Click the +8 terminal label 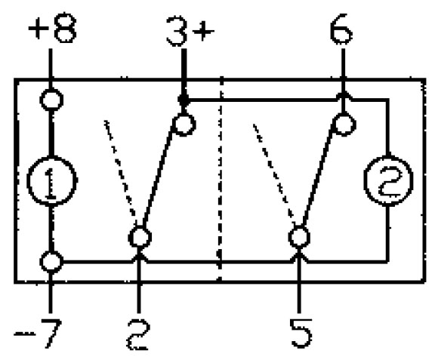click(52, 28)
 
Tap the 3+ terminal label click(190, 30)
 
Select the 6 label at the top click(341, 29)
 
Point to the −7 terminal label click(38, 333)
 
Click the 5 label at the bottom click(301, 333)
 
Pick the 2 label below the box click(138, 334)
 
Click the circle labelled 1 click(51, 181)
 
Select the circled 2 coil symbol click(388, 181)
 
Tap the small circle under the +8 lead click(51, 100)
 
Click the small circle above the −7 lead click(51, 262)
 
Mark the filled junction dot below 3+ click(184, 100)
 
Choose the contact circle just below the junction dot click(184, 125)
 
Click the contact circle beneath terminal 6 click(344, 124)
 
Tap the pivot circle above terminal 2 click(140, 237)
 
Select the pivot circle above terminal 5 click(299, 237)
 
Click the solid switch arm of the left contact click(159, 177)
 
